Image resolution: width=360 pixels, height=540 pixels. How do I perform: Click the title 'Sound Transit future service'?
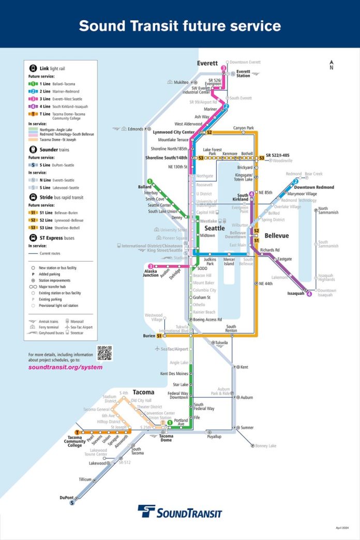[179, 25]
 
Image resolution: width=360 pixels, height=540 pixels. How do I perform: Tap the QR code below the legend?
[104, 353]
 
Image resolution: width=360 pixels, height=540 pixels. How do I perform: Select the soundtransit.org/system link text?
[65, 367]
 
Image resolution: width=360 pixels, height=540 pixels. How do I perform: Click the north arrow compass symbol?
[332, 65]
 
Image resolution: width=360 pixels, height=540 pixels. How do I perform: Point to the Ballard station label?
[145, 187]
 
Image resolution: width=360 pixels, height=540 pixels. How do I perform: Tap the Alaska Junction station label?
[151, 273]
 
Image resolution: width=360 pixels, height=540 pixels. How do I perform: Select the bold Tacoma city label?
[143, 392]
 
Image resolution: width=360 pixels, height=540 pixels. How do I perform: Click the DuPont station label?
[67, 498]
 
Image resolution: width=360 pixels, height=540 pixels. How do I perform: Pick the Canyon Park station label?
[243, 128]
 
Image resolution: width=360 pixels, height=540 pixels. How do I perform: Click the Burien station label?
[148, 336]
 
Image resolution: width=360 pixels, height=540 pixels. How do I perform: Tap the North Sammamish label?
[328, 211]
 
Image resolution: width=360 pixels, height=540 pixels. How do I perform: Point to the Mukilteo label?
[181, 82]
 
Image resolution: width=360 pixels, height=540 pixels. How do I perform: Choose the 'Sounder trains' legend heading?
[56, 149]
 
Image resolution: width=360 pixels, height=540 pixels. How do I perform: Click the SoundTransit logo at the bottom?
[179, 512]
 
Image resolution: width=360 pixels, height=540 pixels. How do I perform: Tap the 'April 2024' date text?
[342, 528]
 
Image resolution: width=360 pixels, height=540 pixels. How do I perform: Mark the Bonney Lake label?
[266, 446]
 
